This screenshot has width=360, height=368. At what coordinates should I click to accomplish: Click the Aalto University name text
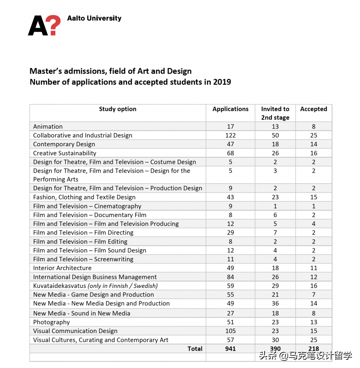94,18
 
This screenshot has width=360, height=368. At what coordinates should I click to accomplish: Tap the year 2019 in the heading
222,82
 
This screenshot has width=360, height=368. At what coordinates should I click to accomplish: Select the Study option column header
118,109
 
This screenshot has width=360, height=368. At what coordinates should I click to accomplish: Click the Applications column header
231,109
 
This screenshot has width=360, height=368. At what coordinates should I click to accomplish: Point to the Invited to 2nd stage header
275,113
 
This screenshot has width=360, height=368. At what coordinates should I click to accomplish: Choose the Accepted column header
314,109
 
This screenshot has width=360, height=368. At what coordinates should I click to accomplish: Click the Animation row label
48,126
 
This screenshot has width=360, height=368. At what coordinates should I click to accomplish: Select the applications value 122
231,135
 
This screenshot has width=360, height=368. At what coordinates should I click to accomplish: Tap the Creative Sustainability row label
65,153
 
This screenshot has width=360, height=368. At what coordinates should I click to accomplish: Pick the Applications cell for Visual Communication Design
231,331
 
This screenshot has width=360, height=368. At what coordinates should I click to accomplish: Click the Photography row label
51,322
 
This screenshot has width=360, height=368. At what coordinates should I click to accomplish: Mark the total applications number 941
231,349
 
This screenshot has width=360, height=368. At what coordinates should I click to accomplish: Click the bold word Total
195,349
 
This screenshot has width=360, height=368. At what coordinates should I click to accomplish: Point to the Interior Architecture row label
62,268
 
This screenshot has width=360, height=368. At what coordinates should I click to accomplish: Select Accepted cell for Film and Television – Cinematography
314,206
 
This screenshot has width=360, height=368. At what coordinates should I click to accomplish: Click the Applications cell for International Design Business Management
231,277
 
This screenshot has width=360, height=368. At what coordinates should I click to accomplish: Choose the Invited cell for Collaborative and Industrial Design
275,135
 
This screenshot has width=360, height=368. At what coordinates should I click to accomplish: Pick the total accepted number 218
314,349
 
